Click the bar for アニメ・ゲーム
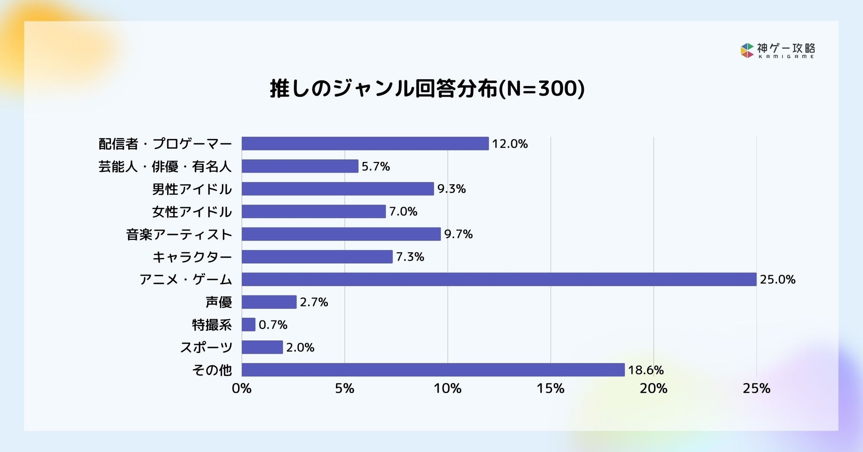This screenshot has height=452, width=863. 499,279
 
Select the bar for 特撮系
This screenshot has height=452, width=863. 249,325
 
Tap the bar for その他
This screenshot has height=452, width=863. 433,370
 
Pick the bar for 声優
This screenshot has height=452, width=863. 269,302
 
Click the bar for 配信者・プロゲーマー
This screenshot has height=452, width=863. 365,143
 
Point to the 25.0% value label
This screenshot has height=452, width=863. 778,279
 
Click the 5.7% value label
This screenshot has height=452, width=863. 376,166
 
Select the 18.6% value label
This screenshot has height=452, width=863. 646,370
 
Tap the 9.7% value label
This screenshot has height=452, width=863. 458,234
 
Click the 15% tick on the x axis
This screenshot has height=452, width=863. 551,389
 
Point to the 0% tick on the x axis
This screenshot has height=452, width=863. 242,389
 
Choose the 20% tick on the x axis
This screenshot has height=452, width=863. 654,389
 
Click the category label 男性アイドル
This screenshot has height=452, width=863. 192,189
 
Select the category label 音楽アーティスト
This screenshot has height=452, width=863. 179,234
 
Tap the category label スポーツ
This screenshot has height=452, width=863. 206,348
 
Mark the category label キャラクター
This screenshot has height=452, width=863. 192,257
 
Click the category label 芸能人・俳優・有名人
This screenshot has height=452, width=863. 165,166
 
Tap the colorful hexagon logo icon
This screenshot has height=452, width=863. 747,50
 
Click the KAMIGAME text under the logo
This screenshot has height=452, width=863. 786,57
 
